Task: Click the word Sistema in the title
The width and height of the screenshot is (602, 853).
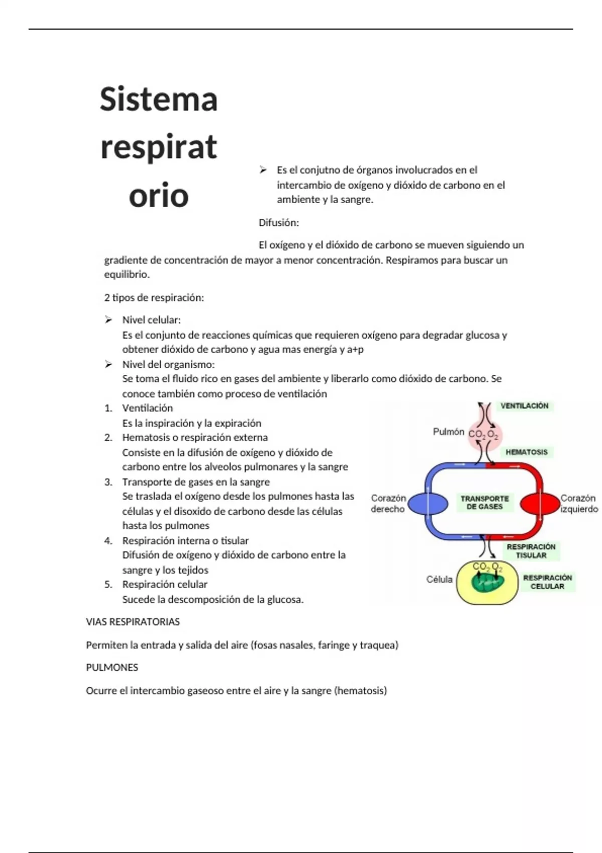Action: coord(159,99)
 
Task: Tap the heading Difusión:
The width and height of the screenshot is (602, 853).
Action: coord(278,222)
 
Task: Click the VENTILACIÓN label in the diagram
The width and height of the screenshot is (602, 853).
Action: coord(524,406)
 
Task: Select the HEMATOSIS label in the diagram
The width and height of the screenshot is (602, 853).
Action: coord(526,452)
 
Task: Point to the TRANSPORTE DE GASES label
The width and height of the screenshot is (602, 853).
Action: coord(485,503)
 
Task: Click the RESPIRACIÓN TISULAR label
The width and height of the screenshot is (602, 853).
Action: coord(531,551)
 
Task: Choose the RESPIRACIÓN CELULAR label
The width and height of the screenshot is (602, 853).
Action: coord(547,582)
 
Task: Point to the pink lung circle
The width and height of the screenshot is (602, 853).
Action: coord(484,435)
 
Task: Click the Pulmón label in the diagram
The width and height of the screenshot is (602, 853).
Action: coord(448,432)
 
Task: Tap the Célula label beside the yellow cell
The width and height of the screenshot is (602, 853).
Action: coord(439,579)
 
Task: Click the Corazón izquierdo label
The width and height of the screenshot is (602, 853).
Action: coord(579,503)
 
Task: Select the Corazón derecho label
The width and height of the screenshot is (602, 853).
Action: coord(388,503)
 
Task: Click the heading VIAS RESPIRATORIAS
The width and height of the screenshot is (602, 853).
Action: coord(133,622)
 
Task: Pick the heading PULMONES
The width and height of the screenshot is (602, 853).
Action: coord(112,667)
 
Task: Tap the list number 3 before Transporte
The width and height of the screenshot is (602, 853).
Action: coord(108,482)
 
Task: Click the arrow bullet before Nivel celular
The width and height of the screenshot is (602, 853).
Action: coord(108,320)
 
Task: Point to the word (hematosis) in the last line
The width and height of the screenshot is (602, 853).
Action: coord(361,690)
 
